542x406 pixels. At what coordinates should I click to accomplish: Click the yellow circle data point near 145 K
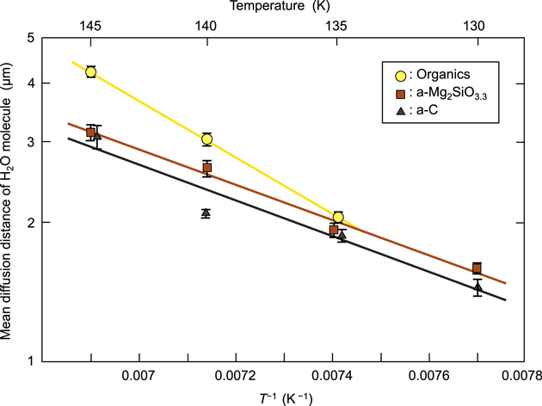coord(91,71)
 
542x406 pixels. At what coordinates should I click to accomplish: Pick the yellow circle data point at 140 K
coord(206,138)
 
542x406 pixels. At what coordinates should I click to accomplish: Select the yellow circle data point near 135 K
coord(338,218)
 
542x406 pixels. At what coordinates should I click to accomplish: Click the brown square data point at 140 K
coord(206,167)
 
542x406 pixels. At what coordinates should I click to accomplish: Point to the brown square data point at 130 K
coord(477,268)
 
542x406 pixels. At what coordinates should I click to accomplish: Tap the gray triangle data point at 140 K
coord(206,212)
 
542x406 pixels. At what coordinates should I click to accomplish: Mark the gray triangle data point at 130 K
coord(477,286)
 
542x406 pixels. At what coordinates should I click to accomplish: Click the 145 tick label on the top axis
coord(92,27)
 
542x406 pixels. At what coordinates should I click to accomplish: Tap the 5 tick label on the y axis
coord(30,39)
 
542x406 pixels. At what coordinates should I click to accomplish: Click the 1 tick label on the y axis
coord(30,360)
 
